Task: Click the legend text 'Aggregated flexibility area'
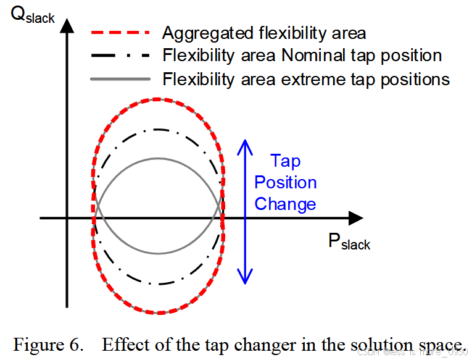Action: [264, 33]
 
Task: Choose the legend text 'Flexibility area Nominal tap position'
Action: [302, 56]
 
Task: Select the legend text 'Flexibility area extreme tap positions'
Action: [305, 79]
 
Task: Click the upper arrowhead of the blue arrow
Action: [246, 146]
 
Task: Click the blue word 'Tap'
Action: [286, 162]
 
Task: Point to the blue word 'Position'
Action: [286, 183]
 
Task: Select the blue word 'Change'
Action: [286, 204]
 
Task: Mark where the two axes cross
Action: [67, 217]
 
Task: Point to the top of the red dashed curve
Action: [159, 99]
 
